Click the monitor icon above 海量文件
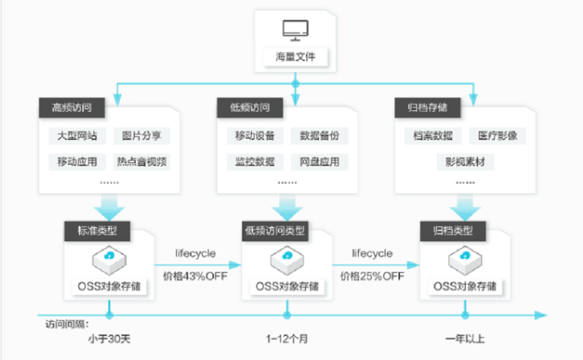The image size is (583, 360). point(295,30)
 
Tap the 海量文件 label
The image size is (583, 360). point(296,57)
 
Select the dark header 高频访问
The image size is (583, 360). point(72,108)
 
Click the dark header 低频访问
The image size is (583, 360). point(250,108)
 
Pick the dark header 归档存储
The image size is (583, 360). point(427,108)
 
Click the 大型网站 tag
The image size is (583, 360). point(77,136)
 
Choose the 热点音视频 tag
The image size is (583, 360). point(142,162)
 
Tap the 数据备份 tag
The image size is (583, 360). point(320,136)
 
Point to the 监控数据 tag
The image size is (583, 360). point(255,162)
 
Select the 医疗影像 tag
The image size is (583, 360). point(497,136)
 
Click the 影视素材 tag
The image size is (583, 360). point(465,162)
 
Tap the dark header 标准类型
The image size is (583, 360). point(97,231)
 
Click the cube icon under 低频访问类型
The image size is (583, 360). point(287,261)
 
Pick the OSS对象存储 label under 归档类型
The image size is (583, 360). point(465,287)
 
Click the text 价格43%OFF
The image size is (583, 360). point(195,276)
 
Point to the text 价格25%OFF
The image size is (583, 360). point(372,276)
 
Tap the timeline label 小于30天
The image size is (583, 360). point(109,339)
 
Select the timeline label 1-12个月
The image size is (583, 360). point(287,339)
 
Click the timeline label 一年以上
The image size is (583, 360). point(465,339)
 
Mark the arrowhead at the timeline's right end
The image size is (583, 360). point(541,315)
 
